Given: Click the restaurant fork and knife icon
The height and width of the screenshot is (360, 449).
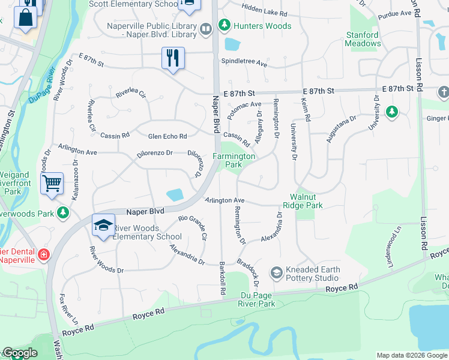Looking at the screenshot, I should click(x=173, y=58).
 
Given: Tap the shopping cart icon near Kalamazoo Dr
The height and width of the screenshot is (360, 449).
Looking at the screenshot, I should click(x=52, y=183).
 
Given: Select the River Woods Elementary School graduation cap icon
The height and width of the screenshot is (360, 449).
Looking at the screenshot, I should click(x=103, y=225).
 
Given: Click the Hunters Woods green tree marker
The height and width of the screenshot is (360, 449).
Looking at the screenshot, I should click(x=224, y=26).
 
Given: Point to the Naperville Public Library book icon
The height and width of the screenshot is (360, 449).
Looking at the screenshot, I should click(x=206, y=29).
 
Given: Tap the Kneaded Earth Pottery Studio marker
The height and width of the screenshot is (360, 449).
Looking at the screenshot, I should click(x=277, y=274).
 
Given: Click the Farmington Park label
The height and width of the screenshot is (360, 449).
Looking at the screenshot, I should click(x=235, y=160).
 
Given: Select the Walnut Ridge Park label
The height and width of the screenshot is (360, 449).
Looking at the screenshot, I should click(x=307, y=201).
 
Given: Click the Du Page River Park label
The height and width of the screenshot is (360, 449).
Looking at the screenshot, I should click(x=250, y=299).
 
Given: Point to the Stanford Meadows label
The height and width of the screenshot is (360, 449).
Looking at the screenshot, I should click(x=363, y=39).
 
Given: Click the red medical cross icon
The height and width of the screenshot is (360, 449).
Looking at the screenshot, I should click(x=43, y=255).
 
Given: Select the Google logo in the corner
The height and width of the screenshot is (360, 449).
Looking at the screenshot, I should click(x=20, y=353).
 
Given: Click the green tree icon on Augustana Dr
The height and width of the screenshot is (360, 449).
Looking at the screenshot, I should click(x=391, y=112).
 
